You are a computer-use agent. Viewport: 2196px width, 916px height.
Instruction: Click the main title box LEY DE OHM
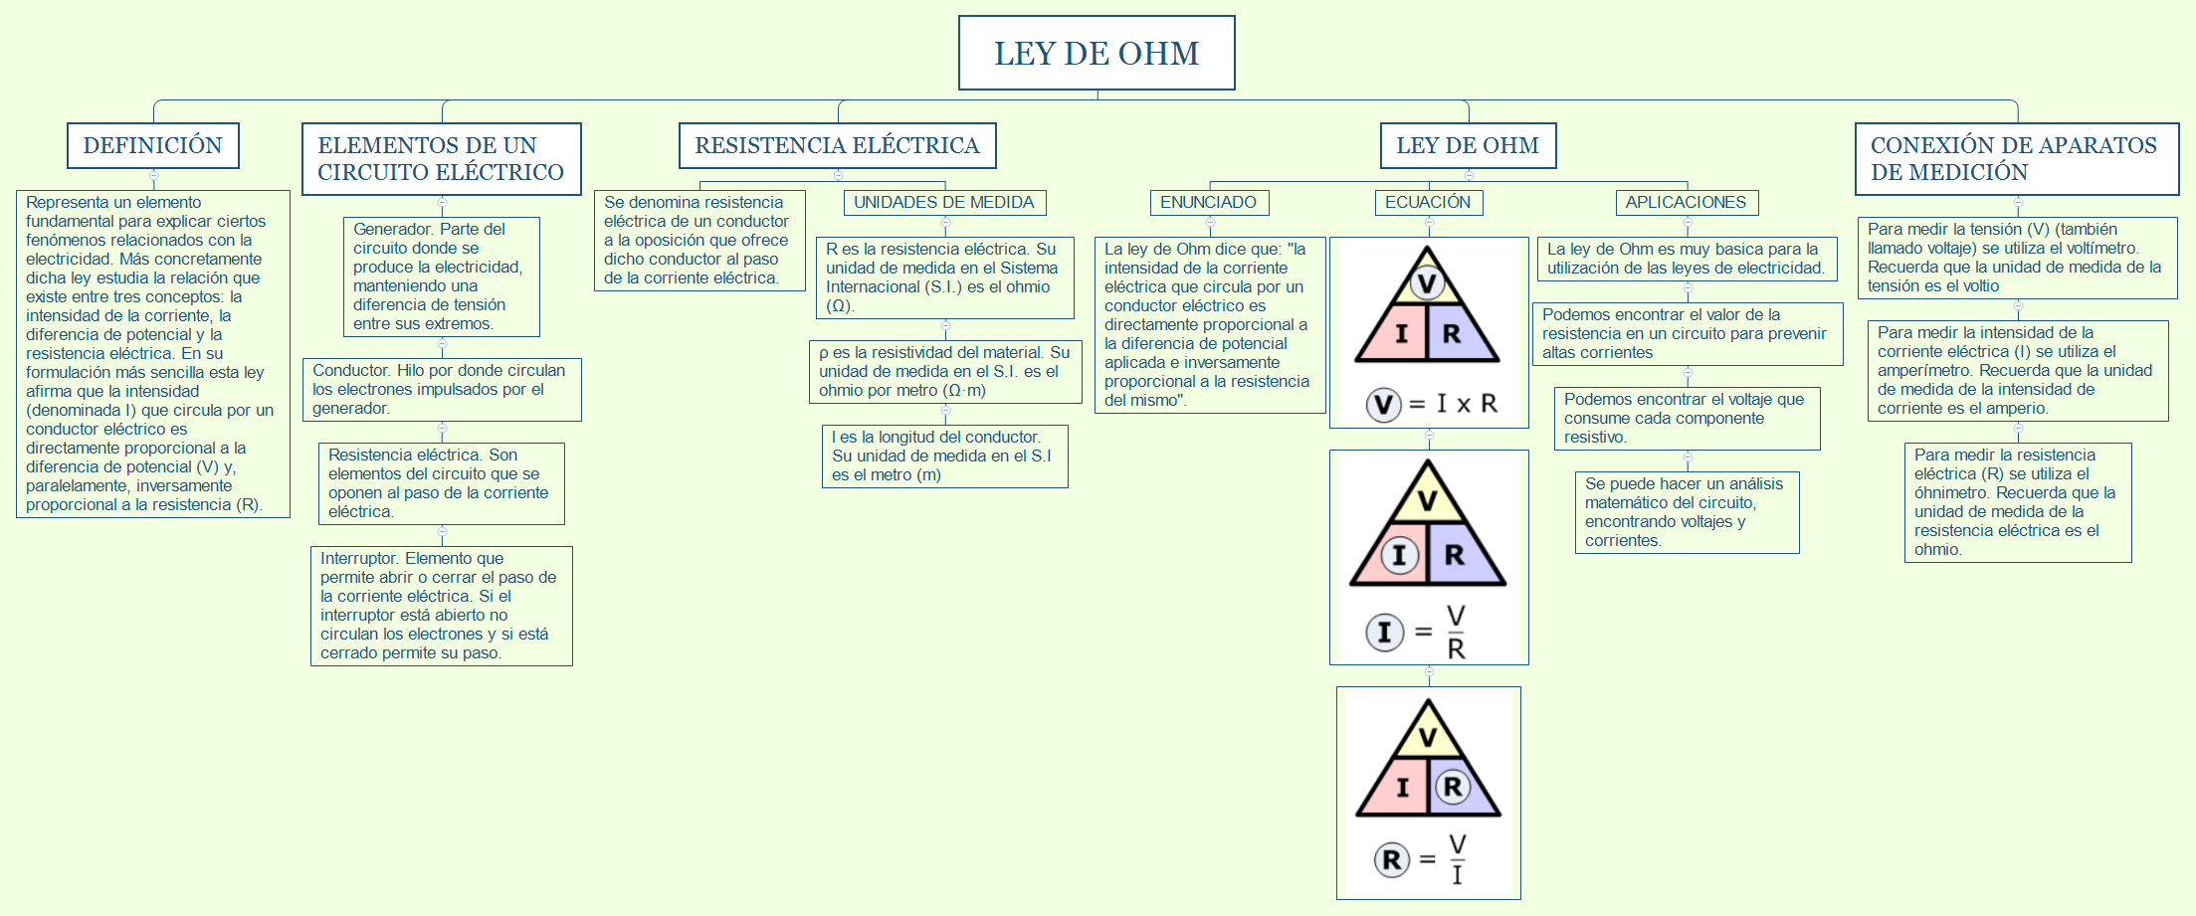(1097, 53)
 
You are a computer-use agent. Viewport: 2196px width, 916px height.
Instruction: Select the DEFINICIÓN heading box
(152, 145)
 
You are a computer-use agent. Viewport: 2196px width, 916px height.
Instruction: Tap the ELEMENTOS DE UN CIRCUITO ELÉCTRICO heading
(441, 159)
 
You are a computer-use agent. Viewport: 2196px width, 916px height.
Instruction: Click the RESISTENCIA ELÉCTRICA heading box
(837, 145)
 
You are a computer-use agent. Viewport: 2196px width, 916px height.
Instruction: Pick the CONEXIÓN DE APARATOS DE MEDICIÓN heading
(2016, 159)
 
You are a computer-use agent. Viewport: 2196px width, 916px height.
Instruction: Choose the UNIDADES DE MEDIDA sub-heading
(943, 203)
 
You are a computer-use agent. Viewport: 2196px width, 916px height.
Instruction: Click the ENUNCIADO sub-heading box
(1208, 203)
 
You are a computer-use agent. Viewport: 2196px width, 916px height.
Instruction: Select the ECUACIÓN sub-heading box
(1428, 203)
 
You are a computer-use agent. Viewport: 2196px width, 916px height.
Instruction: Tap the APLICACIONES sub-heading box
(1686, 203)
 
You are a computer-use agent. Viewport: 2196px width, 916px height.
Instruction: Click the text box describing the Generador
(441, 276)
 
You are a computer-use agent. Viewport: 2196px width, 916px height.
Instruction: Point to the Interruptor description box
(441, 606)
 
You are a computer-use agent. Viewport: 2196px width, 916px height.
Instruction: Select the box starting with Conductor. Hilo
(441, 389)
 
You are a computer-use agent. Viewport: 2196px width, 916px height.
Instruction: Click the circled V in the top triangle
(1427, 283)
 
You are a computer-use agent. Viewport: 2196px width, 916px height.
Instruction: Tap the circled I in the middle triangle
(1399, 554)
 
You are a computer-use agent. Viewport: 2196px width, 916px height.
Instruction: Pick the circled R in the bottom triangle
(1453, 787)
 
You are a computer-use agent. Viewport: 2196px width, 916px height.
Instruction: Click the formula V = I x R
(1433, 404)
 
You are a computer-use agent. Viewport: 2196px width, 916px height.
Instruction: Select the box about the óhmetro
(2017, 502)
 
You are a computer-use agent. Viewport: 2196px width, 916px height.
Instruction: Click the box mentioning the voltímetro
(2017, 258)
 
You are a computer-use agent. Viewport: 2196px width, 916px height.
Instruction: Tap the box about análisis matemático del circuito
(1687, 512)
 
